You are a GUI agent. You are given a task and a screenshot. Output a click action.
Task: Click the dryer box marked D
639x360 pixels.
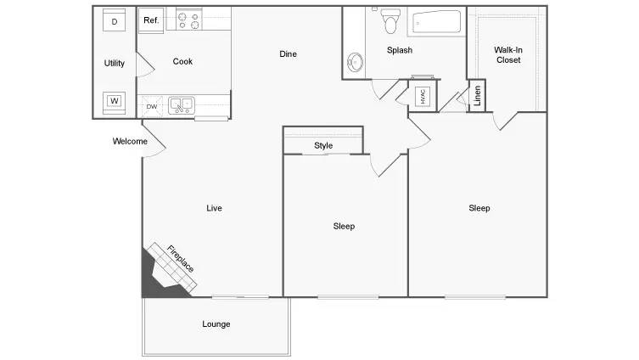(x=115, y=21)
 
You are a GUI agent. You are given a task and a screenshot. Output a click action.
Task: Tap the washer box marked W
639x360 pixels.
(x=115, y=102)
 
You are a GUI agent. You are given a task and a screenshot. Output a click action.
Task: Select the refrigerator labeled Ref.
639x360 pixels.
(x=151, y=20)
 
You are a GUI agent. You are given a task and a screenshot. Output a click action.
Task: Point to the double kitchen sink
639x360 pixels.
(x=181, y=105)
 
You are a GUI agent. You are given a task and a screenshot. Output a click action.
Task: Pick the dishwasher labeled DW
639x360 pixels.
(x=151, y=106)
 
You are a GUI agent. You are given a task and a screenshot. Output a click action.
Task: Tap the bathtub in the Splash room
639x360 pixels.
(x=436, y=21)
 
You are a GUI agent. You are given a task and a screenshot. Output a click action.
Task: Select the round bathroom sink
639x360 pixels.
(x=355, y=62)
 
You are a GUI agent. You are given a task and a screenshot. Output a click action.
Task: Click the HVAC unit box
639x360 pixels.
(x=423, y=97)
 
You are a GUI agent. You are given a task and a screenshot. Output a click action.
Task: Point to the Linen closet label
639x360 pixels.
(x=478, y=97)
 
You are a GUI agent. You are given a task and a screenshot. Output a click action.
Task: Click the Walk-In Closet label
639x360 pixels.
(x=507, y=54)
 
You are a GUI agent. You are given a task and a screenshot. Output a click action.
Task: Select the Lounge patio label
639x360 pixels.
(x=216, y=323)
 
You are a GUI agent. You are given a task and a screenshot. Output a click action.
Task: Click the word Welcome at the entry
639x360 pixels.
(x=130, y=142)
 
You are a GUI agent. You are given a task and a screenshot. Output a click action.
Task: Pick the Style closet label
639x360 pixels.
(x=323, y=145)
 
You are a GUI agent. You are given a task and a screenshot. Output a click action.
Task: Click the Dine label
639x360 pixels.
(x=289, y=54)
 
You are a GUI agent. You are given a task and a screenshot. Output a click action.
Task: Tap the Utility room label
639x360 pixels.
(x=115, y=63)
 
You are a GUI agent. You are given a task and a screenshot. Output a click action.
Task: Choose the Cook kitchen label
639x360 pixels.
(x=182, y=61)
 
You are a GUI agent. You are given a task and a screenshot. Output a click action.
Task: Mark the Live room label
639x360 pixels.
(x=214, y=207)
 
